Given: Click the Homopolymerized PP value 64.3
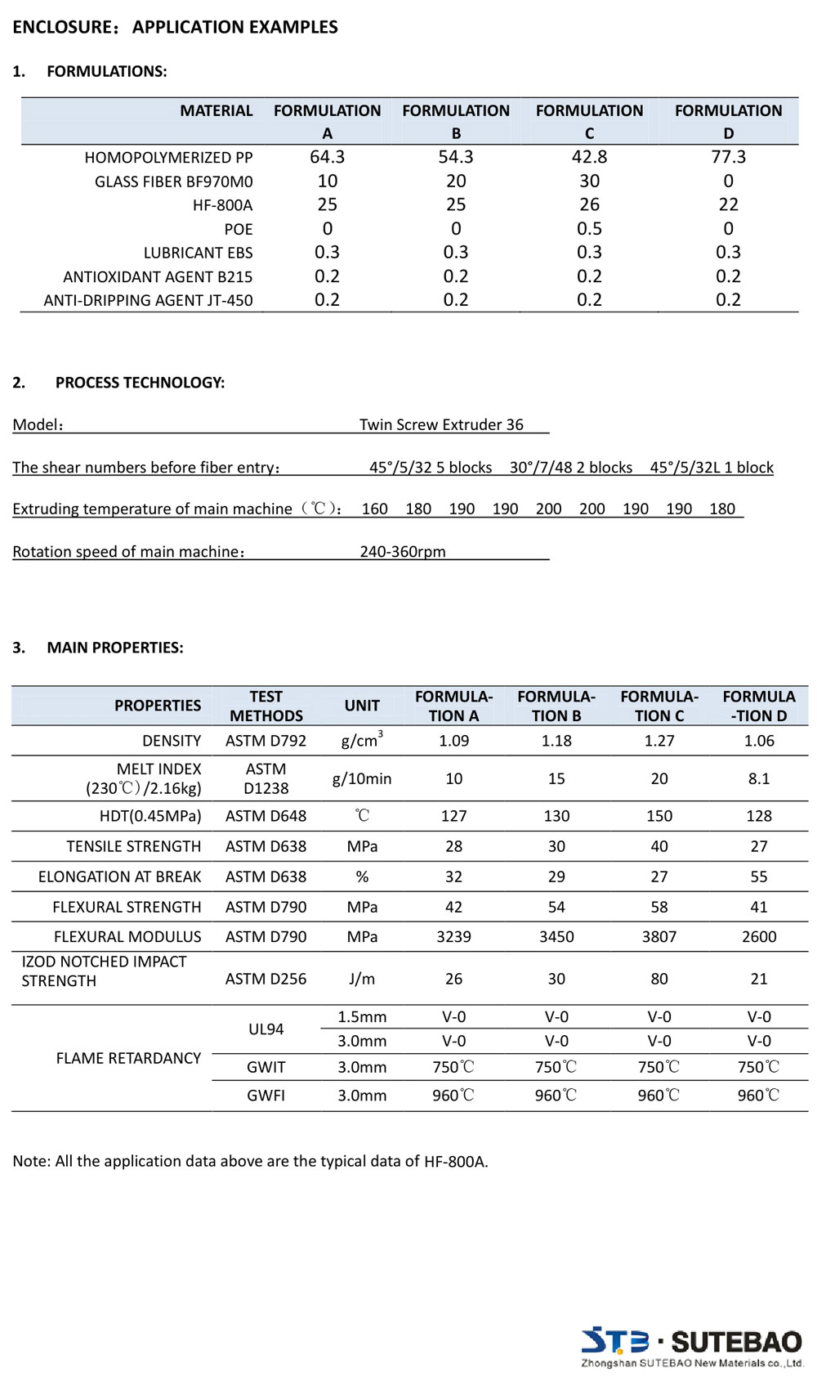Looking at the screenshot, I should click(327, 157).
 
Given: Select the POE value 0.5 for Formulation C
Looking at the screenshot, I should click(589, 229).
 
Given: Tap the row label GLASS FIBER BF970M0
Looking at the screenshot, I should click(173, 182).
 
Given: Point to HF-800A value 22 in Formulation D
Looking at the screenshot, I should click(728, 204).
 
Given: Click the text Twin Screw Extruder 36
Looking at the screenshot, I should click(441, 424).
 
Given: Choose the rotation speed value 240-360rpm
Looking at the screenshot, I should click(403, 552).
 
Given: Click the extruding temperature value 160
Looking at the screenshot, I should click(374, 509).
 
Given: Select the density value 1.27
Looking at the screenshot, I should click(659, 741).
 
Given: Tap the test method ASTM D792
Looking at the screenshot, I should click(266, 741).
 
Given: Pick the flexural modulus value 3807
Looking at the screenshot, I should click(659, 937).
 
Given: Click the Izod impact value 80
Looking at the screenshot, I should click(659, 979).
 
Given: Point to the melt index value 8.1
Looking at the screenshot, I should click(758, 778).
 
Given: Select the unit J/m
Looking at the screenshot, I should click(362, 979).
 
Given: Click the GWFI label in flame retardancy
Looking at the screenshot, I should click(266, 1096).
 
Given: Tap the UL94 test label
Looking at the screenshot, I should click(266, 1029).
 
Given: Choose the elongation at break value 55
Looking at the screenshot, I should click(758, 877).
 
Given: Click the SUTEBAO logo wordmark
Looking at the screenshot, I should click(736, 1342).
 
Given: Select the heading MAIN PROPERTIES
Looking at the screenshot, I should click(114, 648).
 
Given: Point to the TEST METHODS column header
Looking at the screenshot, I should click(266, 706).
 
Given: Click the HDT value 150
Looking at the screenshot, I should click(659, 816).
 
